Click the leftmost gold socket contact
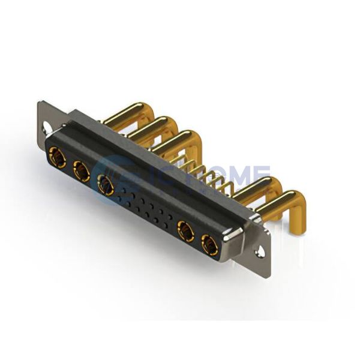[58, 158]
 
